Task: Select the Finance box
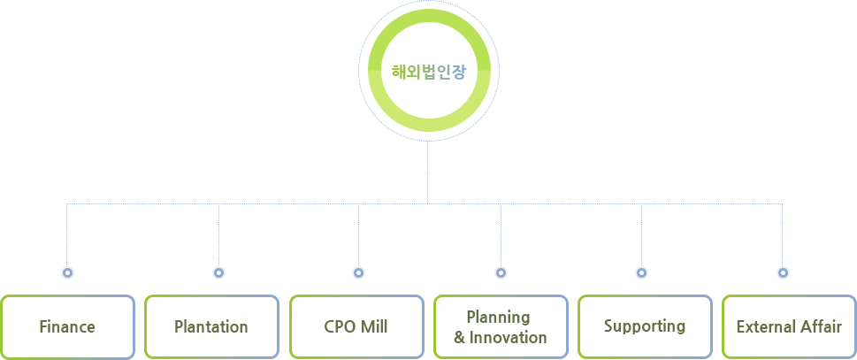[68, 326]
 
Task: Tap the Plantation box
[211, 326]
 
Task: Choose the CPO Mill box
[356, 326]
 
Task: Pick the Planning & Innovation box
[501, 326]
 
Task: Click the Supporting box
[645, 326]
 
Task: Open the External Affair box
[789, 326]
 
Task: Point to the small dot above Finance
[67, 272]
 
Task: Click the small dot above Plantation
[218, 272]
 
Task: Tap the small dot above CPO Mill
[358, 272]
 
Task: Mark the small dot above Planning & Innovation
[501, 272]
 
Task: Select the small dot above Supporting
[642, 272]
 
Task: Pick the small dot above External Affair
[783, 272]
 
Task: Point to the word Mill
[374, 326]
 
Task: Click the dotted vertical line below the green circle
[427, 172]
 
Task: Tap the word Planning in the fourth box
[499, 318]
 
